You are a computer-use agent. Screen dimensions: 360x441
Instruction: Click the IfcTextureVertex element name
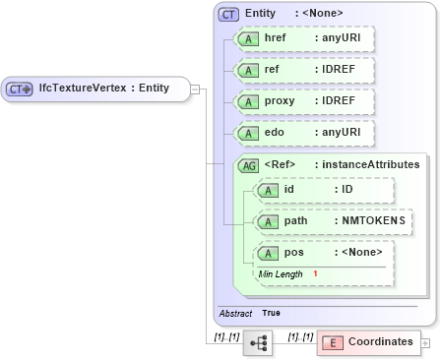[x=103, y=89]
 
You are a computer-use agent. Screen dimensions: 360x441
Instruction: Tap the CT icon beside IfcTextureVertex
[x=20, y=89]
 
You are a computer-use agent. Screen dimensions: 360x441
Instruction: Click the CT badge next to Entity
[x=229, y=14]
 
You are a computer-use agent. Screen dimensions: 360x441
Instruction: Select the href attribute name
[x=276, y=38]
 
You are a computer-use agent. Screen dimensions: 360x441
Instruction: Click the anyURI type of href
[x=337, y=38]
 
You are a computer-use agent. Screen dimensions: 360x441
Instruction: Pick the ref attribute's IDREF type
[x=335, y=70]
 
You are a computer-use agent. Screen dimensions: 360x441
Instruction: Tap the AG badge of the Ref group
[x=249, y=164]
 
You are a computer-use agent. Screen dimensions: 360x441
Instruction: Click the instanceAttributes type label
[x=367, y=164]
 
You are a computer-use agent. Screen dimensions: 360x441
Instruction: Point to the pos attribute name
[x=293, y=253]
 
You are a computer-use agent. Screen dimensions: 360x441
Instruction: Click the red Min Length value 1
[x=315, y=272]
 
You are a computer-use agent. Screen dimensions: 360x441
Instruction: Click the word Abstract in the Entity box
[x=235, y=313]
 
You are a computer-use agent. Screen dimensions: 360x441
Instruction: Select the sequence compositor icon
[x=259, y=342]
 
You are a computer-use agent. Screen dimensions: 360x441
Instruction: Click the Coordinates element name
[x=381, y=342]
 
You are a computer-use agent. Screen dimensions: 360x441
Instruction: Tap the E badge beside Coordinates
[x=333, y=342]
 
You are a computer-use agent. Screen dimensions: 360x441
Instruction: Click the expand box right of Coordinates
[x=425, y=342]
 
